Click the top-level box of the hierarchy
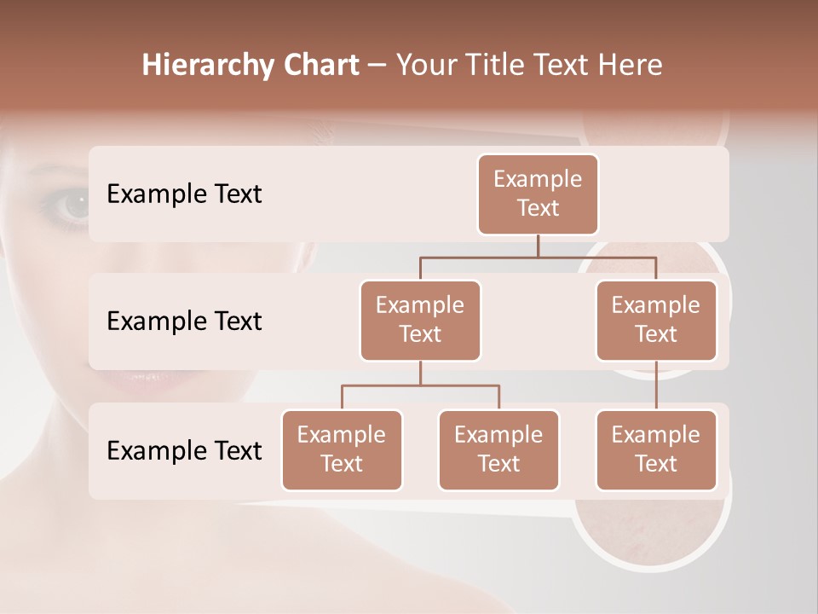(538, 194)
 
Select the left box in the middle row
(420, 320)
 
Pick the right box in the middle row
(656, 320)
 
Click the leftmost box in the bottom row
(342, 449)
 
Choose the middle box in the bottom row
(498, 449)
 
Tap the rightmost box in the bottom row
(656, 449)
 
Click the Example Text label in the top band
(184, 194)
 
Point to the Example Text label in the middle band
(184, 321)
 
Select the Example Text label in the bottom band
(184, 451)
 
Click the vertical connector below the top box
(538, 246)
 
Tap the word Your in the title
(424, 66)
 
